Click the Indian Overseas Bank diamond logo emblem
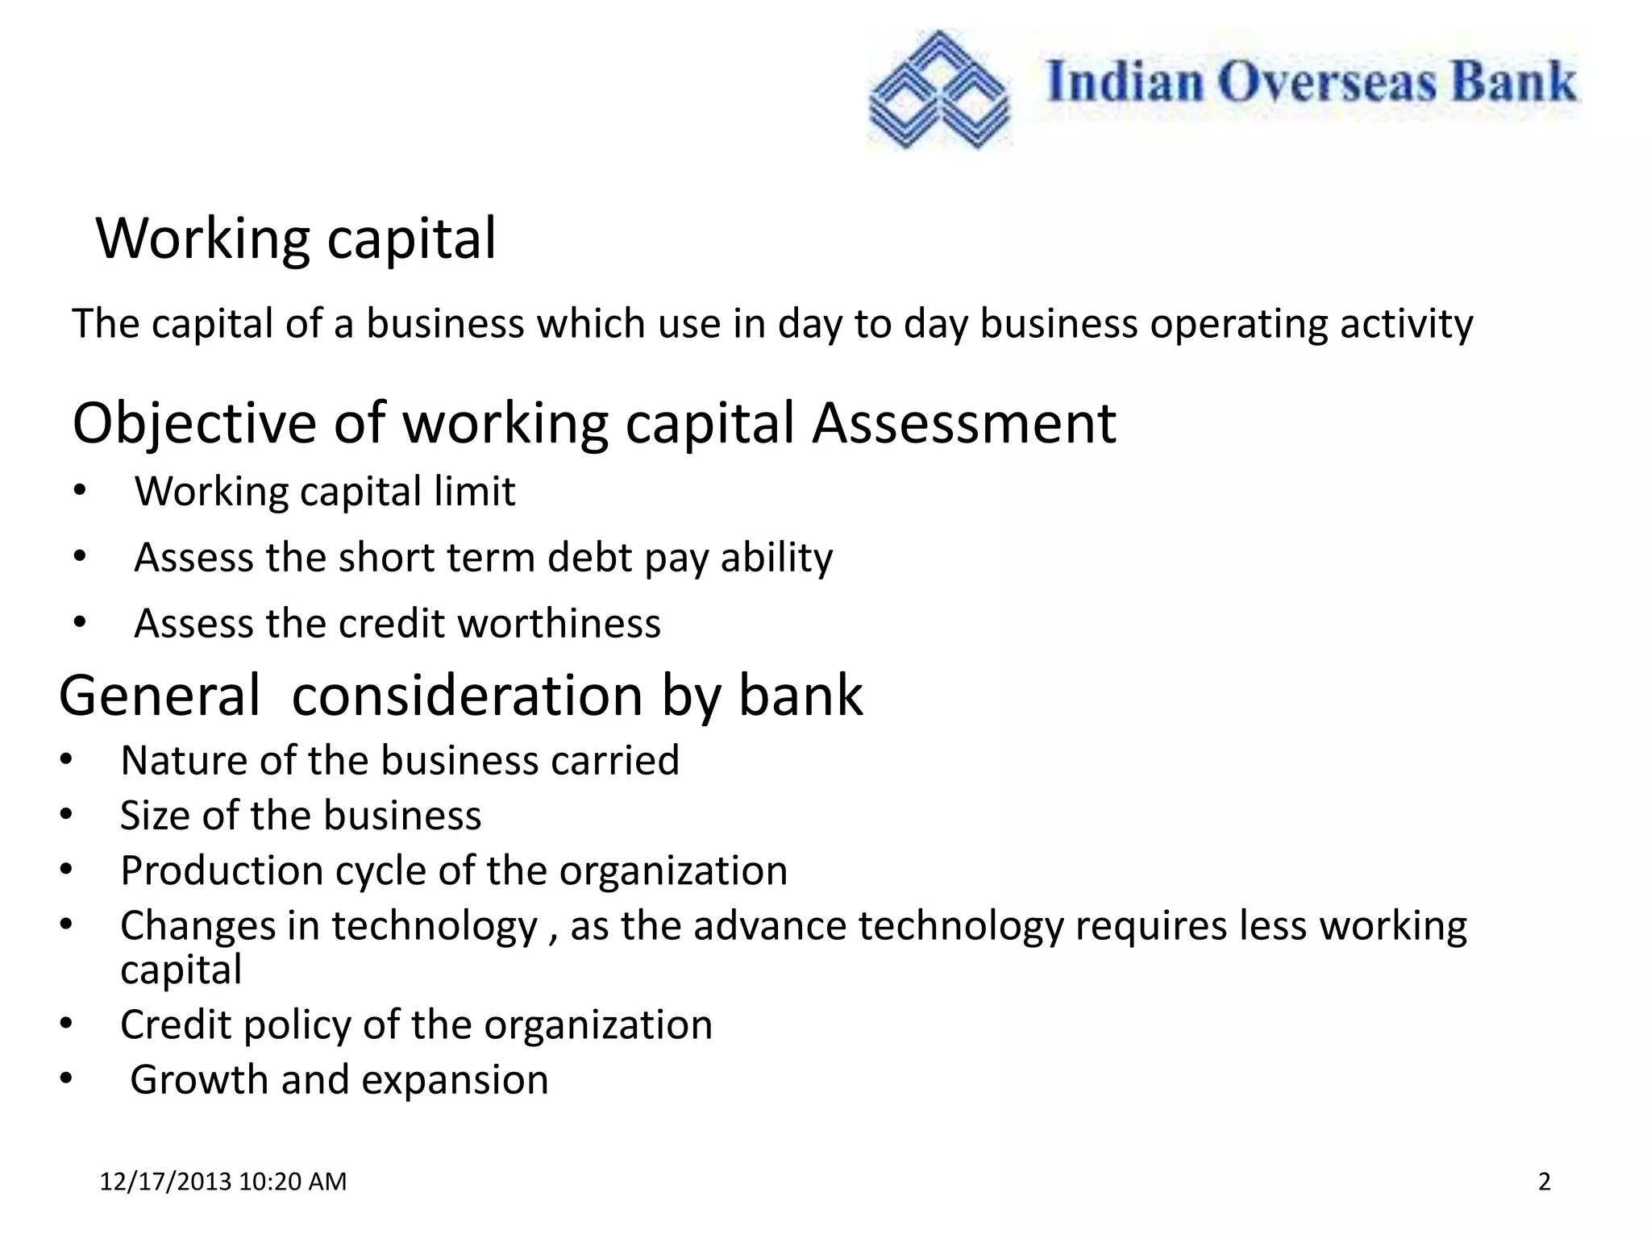pos(938,89)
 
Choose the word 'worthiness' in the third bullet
pos(557,624)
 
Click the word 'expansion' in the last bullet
pos(455,1080)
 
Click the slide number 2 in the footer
pos(1544,1182)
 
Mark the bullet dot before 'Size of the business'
pos(66,816)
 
